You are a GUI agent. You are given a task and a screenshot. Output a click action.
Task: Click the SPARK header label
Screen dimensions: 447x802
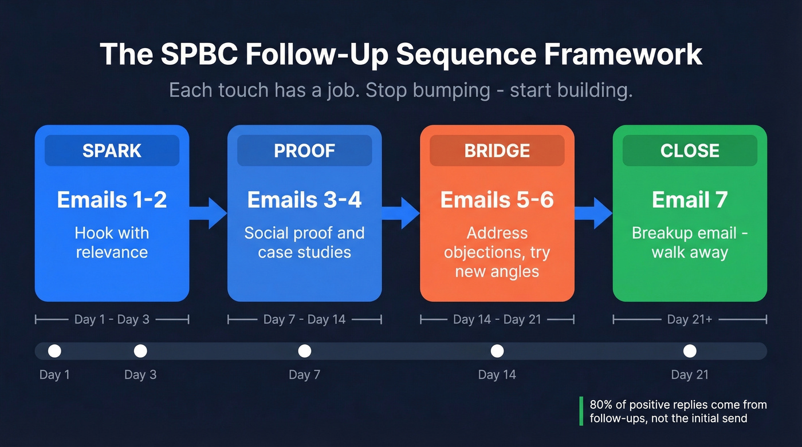click(x=112, y=151)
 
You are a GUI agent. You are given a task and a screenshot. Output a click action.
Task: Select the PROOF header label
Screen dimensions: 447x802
click(x=304, y=151)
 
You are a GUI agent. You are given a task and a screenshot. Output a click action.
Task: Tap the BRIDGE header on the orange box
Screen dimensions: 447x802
click(x=497, y=151)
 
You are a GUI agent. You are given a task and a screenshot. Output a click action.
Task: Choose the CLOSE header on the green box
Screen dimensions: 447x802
click(x=690, y=151)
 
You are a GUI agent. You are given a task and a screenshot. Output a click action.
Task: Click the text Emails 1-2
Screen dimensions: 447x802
click(x=112, y=200)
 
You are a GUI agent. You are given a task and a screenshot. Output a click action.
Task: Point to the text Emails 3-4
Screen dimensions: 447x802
click(x=304, y=200)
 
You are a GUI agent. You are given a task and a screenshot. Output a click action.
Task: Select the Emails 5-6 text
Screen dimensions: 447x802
click(x=497, y=200)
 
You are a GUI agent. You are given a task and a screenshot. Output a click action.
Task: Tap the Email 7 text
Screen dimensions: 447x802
click(x=690, y=200)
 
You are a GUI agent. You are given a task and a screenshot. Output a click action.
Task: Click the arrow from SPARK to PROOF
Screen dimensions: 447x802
click(x=209, y=213)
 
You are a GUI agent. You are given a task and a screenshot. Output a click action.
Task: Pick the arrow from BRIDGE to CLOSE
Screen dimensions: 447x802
click(x=594, y=213)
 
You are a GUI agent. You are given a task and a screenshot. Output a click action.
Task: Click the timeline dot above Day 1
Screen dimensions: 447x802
click(x=54, y=351)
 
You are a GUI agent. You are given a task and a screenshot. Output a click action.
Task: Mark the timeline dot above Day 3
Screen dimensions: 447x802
click(x=140, y=351)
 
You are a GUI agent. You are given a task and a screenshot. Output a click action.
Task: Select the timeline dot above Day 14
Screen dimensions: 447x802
click(x=497, y=351)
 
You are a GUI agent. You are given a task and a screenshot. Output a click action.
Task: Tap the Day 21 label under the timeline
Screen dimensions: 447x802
click(x=690, y=375)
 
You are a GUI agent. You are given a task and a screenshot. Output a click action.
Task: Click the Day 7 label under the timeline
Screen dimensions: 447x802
click(x=304, y=375)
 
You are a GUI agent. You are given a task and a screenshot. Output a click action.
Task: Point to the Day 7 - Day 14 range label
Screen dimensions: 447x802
click(x=304, y=319)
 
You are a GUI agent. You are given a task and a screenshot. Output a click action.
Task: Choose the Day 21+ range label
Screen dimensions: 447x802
click(x=690, y=319)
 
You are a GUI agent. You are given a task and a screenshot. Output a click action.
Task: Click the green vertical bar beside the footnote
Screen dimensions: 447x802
click(x=581, y=411)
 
